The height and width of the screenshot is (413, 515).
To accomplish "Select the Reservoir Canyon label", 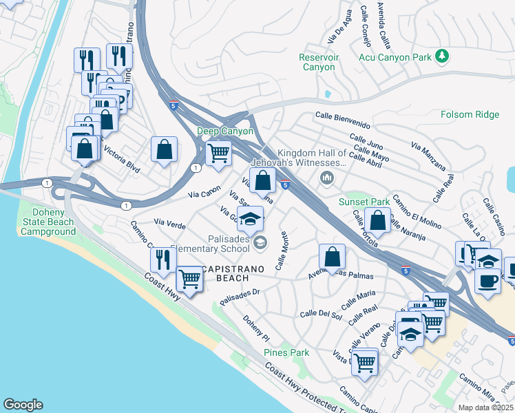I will [x=319, y=62].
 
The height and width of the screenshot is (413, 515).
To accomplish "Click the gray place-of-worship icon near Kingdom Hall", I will [x=326, y=179].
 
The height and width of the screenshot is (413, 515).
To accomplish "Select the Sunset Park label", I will [x=364, y=202].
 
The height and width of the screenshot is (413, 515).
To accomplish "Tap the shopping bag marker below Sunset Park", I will [x=377, y=221].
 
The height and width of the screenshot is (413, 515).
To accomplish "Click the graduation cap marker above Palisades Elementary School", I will [x=251, y=218].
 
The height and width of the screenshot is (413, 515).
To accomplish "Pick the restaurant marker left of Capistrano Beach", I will [x=162, y=260].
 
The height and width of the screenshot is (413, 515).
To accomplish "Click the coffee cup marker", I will [x=487, y=282].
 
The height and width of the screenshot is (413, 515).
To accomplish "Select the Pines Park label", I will [x=286, y=352].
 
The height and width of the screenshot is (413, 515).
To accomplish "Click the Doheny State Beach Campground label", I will [x=48, y=222].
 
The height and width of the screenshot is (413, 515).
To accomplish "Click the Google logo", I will [x=23, y=405].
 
